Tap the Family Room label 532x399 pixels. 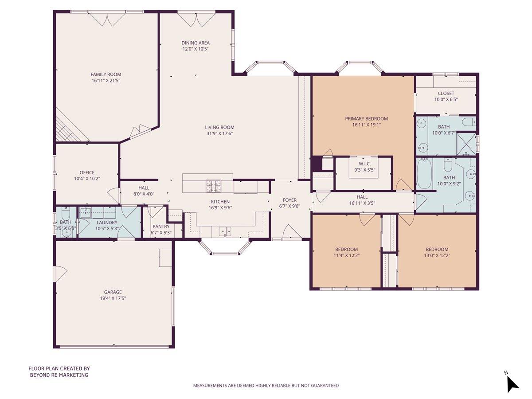[106, 74]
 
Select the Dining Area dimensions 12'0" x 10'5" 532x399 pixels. [195, 49]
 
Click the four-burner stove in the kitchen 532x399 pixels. [213, 186]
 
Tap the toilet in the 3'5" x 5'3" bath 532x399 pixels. [66, 211]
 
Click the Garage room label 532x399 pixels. [113, 292]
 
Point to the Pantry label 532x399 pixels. [161, 227]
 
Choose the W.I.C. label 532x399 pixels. [364, 164]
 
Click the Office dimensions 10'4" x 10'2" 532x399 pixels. [87, 179]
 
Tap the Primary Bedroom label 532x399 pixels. [366, 118]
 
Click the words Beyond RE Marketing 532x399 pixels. [59, 375]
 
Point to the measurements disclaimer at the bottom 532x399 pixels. [266, 386]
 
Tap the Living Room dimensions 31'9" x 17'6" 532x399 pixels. [219, 133]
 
